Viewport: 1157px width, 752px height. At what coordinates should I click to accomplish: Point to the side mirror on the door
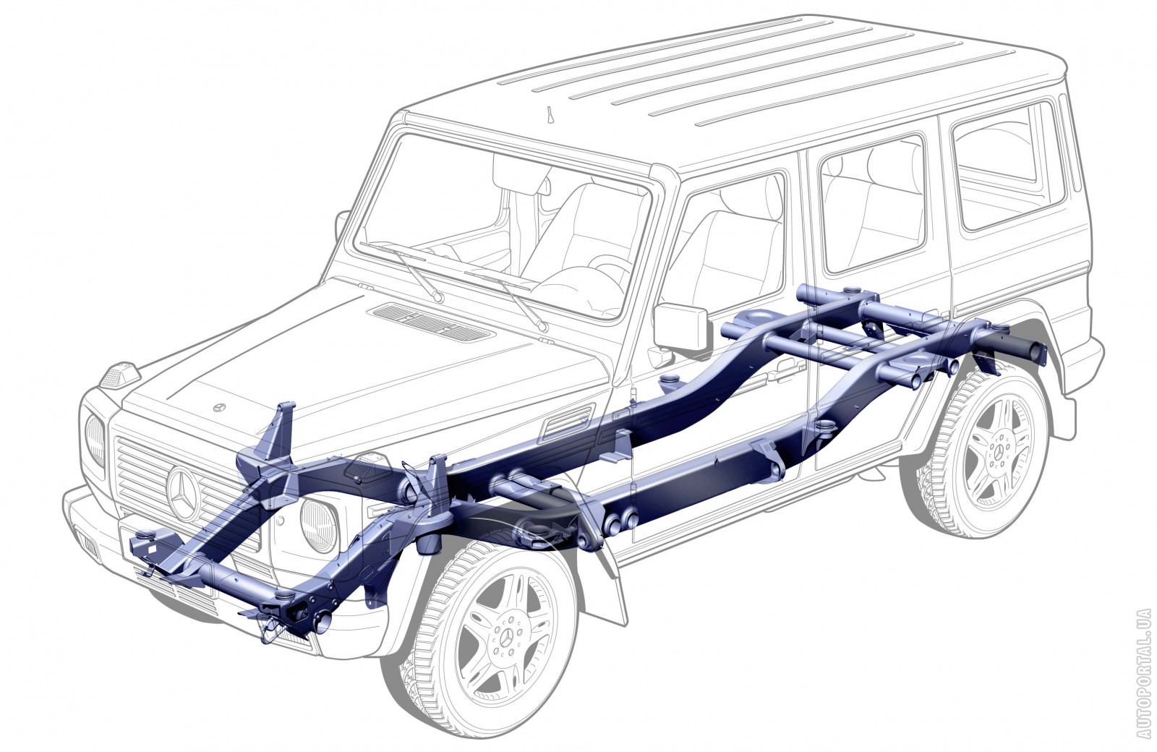[x=680, y=327]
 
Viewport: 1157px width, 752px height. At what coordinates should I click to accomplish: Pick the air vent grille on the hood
[x=428, y=321]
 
